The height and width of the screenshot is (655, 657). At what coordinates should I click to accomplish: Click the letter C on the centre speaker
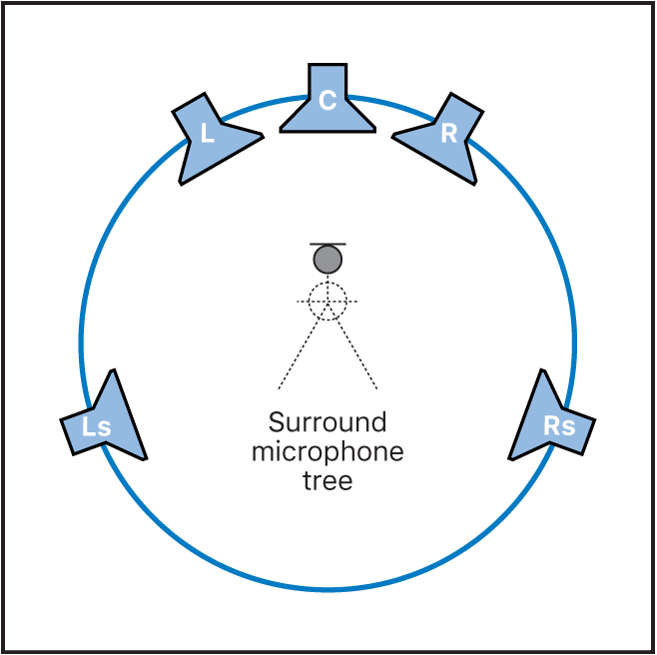tap(328, 101)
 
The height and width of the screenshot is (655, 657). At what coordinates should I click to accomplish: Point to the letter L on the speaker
tap(207, 133)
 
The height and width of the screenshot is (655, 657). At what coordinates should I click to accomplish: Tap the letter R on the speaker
tap(448, 133)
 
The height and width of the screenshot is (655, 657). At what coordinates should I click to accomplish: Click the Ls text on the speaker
tap(96, 427)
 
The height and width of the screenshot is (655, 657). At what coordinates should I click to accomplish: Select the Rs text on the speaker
tap(559, 426)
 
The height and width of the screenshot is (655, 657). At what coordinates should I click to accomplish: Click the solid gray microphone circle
tap(328, 260)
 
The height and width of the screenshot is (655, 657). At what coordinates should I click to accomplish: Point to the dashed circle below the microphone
tap(328, 301)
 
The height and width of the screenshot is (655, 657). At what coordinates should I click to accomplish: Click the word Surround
tap(328, 421)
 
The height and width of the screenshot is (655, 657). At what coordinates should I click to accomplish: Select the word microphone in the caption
tap(328, 451)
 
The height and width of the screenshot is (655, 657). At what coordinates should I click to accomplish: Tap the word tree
tap(328, 480)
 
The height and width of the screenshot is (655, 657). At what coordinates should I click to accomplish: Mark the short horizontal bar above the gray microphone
tap(328, 244)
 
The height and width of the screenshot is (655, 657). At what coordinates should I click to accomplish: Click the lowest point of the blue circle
tap(328, 590)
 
